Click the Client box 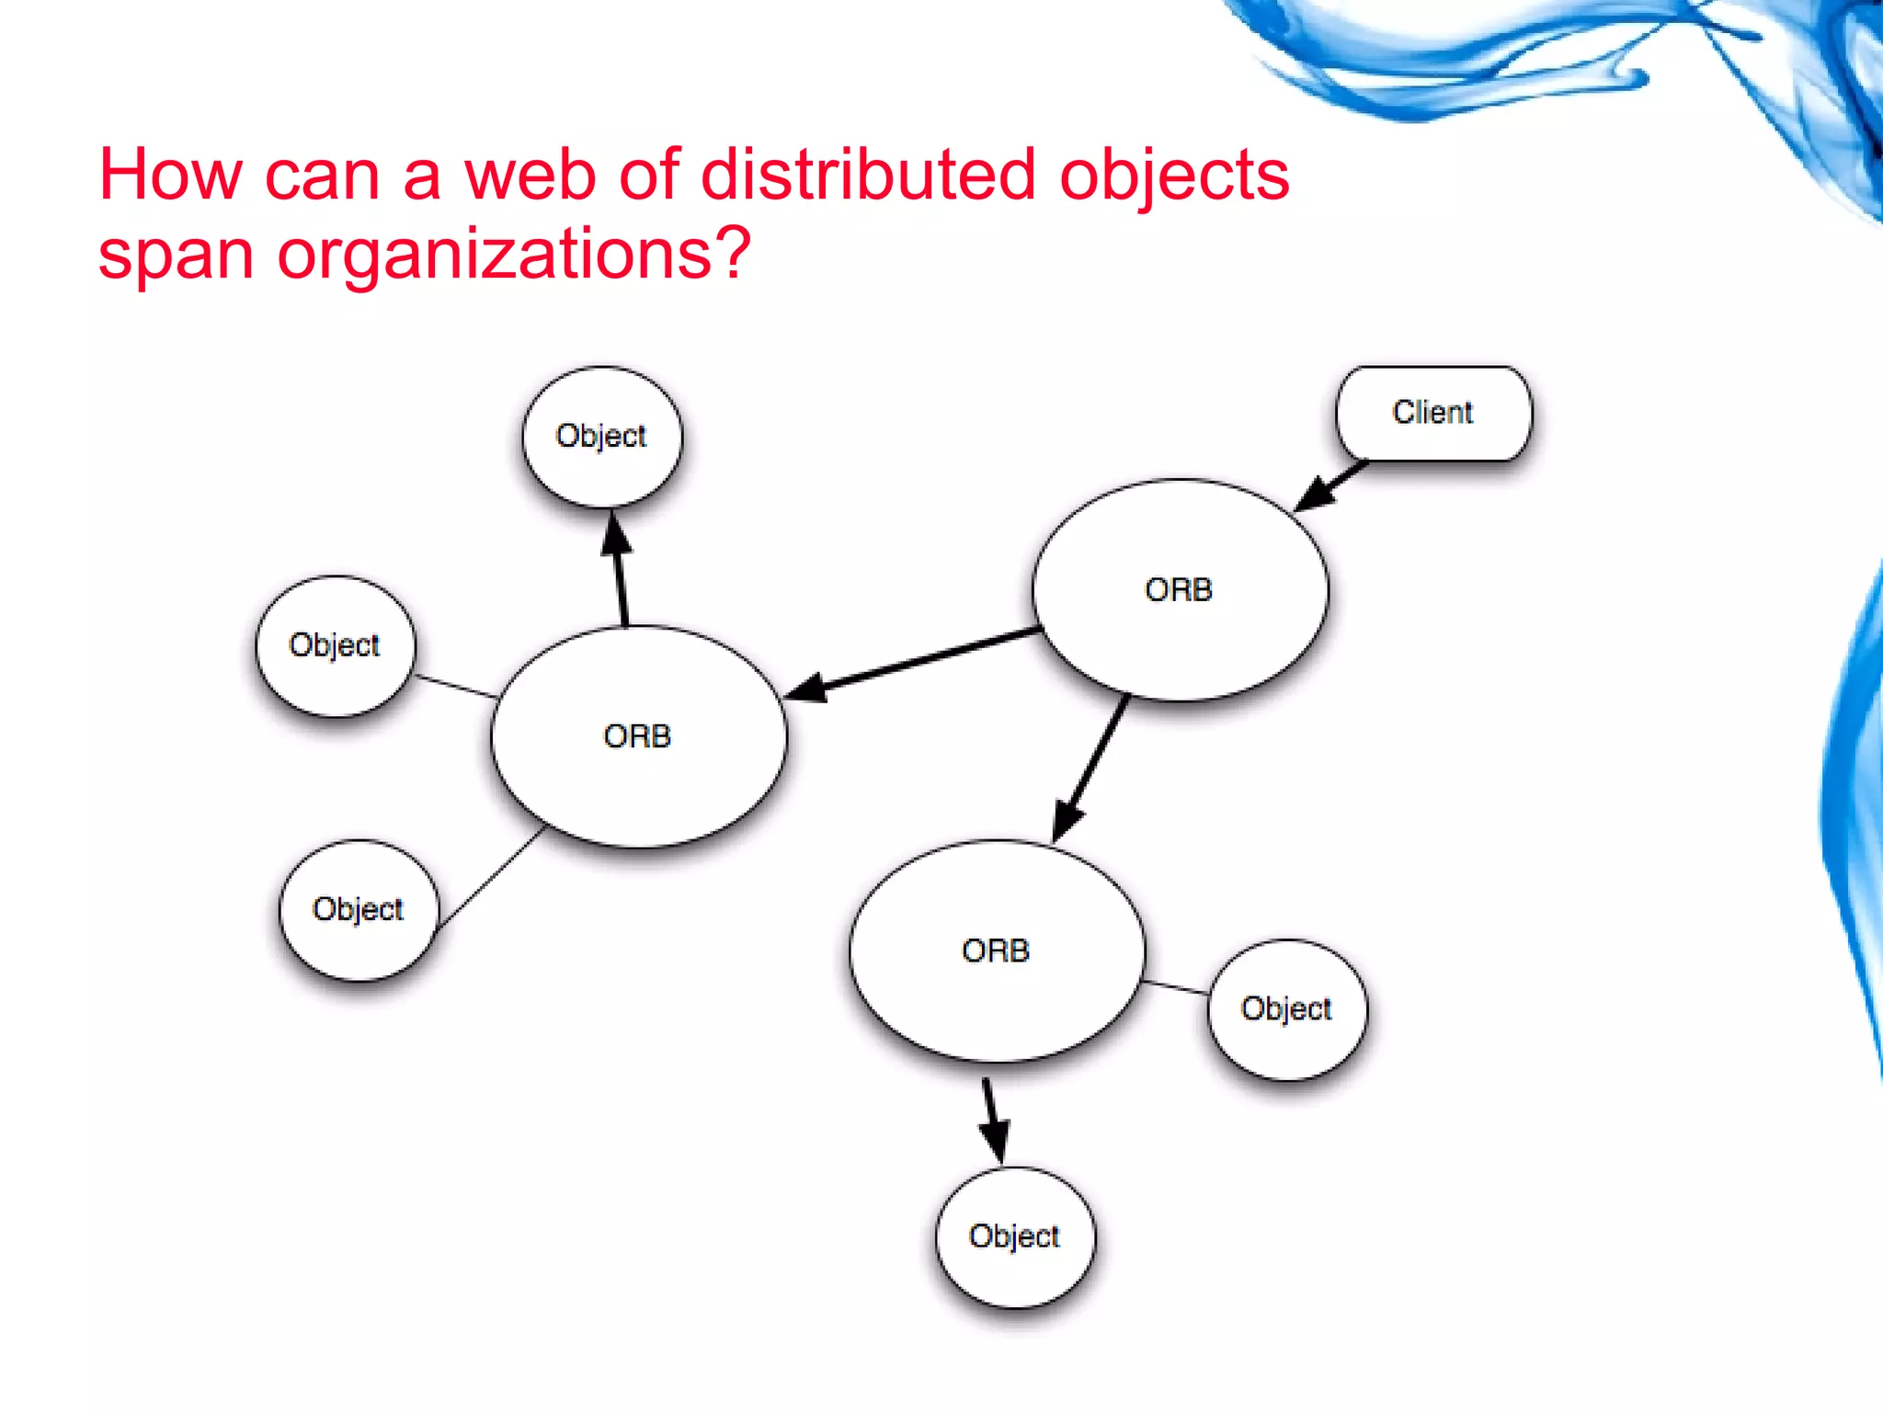1433,413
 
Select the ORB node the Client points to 1180,589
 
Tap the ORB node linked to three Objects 638,736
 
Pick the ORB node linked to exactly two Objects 997,951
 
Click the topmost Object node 602,436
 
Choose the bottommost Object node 1015,1236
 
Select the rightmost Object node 1287,1009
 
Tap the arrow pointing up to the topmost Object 621,570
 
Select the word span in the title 176,256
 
